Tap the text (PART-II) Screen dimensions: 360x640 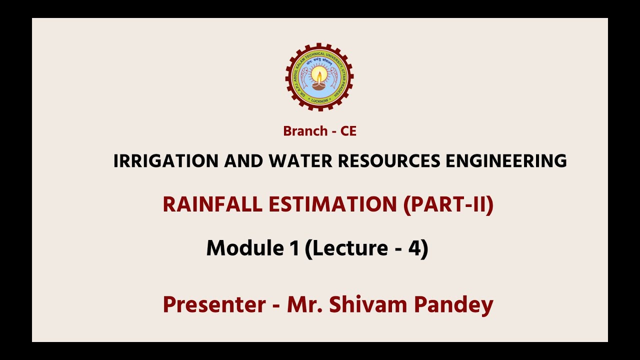click(x=448, y=204)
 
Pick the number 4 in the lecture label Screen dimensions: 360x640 click(x=414, y=248)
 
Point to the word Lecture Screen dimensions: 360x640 click(x=350, y=248)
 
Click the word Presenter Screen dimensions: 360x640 click(x=214, y=304)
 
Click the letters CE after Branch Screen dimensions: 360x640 click(x=348, y=131)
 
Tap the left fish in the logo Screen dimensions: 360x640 click(x=303, y=78)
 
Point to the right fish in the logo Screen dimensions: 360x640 click(x=334, y=78)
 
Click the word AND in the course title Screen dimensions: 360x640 click(x=243, y=161)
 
